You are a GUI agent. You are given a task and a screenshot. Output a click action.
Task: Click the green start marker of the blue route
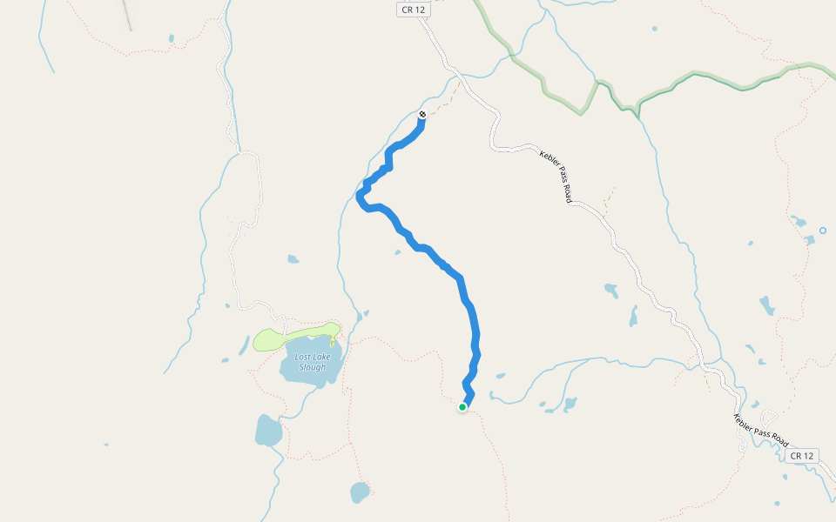point(462,406)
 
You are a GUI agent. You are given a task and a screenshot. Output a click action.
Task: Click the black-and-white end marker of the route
point(422,114)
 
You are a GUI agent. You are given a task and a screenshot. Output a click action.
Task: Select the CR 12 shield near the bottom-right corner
point(802,456)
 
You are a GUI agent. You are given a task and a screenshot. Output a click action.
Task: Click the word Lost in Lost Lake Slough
point(303,357)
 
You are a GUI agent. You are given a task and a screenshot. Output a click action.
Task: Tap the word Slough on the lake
point(312,367)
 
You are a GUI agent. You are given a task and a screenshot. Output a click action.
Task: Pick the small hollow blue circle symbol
point(823,231)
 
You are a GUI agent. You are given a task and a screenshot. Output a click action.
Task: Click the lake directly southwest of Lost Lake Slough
point(268,430)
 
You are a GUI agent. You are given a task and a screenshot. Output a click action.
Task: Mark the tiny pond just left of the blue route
point(397,252)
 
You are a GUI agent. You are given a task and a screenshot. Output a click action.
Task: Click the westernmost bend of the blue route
point(360,197)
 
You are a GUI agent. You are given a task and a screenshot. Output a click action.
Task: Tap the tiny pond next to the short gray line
point(172,38)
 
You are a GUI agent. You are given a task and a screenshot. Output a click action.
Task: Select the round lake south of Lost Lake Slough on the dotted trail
point(360,492)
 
